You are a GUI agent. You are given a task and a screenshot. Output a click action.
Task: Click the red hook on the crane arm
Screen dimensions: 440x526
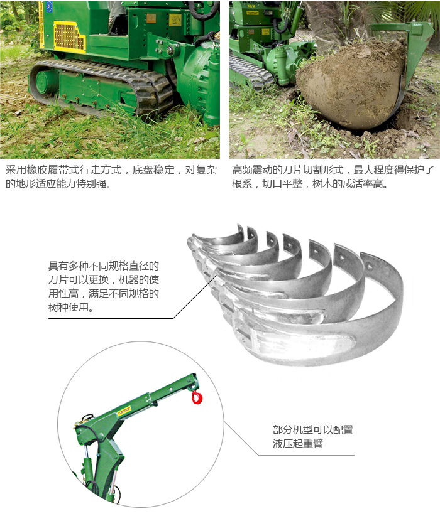point(197,397)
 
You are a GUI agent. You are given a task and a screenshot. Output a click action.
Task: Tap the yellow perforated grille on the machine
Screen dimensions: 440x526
point(70,36)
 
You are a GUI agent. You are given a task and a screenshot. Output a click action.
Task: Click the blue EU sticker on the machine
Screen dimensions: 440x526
point(50,6)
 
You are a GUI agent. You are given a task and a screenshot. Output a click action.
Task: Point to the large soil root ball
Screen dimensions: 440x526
point(351,84)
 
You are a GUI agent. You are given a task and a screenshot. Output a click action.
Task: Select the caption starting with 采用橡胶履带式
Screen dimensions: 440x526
point(111,176)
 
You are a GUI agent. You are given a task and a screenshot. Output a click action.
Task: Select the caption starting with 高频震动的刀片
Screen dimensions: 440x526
point(333,176)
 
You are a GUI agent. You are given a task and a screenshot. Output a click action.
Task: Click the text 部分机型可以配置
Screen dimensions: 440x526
point(312,430)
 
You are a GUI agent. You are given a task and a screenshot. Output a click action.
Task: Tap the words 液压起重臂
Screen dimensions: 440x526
point(297,444)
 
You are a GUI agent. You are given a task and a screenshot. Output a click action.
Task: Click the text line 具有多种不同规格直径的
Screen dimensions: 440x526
point(104,266)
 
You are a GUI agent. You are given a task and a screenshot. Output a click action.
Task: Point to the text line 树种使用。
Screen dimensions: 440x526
point(71,307)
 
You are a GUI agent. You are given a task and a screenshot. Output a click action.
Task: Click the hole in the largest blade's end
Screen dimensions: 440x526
point(369,267)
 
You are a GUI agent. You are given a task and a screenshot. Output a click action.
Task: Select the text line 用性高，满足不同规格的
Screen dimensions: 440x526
point(104,294)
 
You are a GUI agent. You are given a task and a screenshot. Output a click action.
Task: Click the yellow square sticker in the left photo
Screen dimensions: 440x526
point(175,20)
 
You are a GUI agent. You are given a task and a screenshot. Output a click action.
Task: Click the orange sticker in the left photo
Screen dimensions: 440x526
point(151,18)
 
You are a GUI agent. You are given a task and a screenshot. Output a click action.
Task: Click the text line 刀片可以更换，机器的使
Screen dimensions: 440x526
point(104,280)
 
